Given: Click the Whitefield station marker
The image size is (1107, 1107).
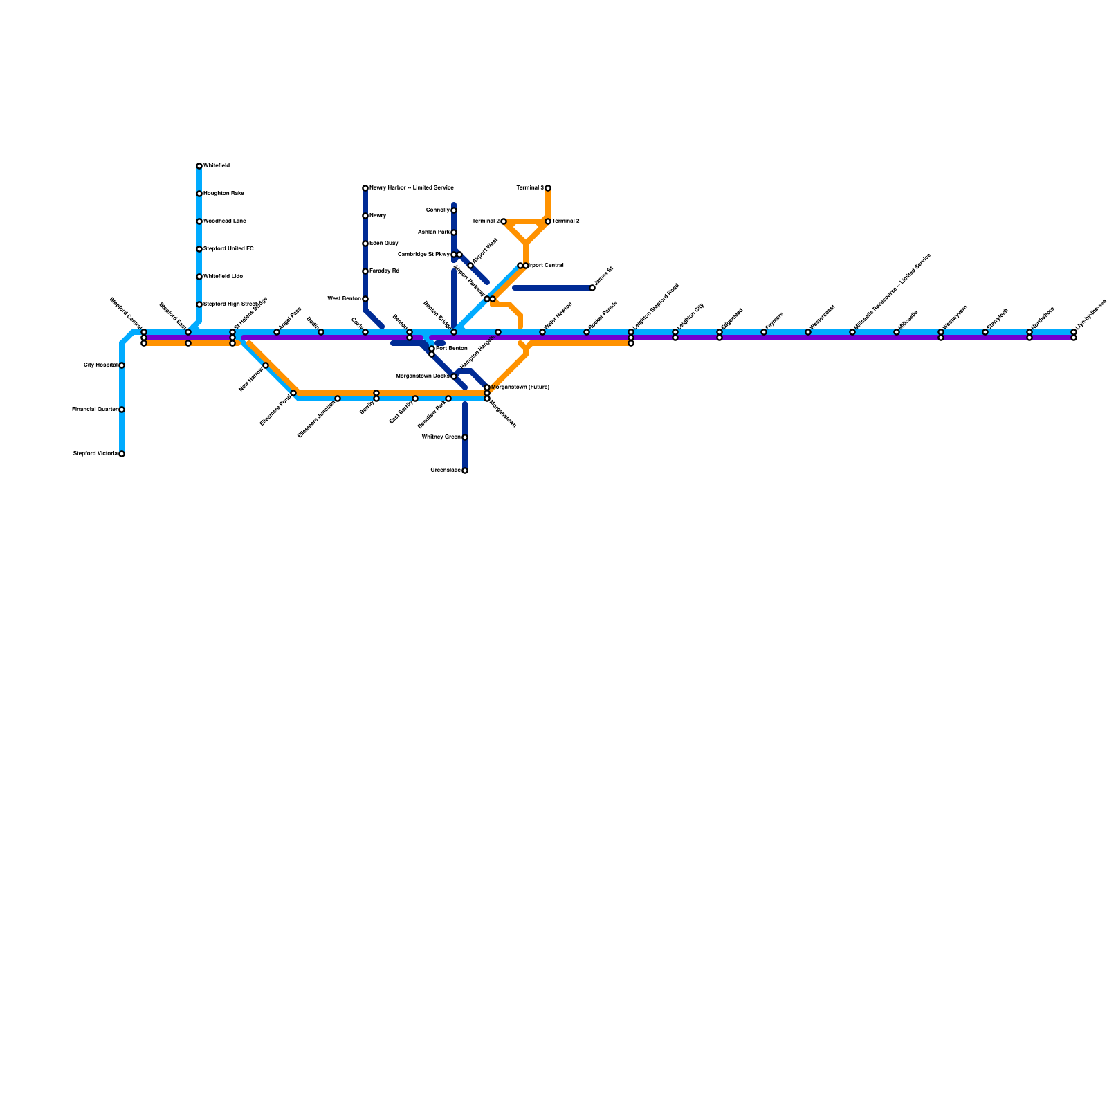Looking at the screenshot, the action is pos(199,166).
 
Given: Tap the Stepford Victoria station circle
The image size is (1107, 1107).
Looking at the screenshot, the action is pos(122,454).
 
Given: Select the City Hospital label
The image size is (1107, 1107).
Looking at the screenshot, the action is pos(100,365).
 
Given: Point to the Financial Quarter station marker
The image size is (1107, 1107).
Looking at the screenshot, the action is pos(122,410).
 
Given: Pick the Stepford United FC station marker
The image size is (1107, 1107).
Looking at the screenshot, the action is pos(199,249).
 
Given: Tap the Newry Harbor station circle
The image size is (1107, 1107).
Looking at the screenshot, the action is pos(365,188).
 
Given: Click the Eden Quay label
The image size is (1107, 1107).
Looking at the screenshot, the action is pos(383,244).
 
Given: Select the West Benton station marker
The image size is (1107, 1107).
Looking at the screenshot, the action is pos(365,299).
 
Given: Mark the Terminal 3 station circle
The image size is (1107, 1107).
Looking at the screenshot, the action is pos(548,188).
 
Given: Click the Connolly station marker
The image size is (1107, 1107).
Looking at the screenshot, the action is pos(454,210).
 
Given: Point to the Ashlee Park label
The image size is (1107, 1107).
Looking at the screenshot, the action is pos(434,232).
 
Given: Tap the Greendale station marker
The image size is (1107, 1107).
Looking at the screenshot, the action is pos(465,470).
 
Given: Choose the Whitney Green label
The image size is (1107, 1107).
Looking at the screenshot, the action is pos(441,437).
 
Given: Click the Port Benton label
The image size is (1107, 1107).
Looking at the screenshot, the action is pos(451,349).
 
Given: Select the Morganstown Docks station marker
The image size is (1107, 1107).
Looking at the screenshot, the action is pos(454,376).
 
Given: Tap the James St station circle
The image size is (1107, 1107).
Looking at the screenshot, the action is pos(592,288).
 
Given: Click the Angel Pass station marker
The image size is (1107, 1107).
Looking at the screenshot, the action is pos(277,332).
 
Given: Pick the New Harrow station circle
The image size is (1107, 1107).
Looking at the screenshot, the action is pos(266,365).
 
